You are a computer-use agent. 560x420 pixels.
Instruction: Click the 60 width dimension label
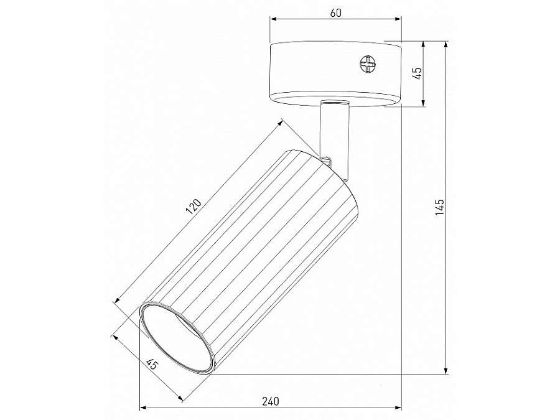coord(335,13)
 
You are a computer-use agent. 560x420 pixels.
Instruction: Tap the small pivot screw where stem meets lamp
coord(326,158)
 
